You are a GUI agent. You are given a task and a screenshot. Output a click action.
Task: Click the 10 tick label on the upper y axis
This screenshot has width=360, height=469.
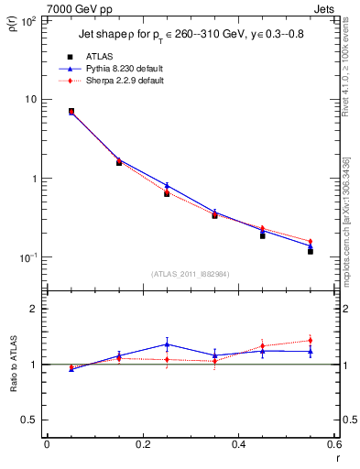tap(29, 99)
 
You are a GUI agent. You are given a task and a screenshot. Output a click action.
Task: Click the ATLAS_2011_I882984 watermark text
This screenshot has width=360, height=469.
tap(191, 273)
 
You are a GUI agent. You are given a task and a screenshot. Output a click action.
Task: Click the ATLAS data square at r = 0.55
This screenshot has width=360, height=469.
tap(311, 251)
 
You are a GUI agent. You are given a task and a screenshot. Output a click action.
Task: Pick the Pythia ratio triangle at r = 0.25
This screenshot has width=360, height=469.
tap(167, 344)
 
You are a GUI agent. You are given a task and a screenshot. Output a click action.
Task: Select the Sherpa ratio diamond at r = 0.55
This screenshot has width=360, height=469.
tap(311, 340)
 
